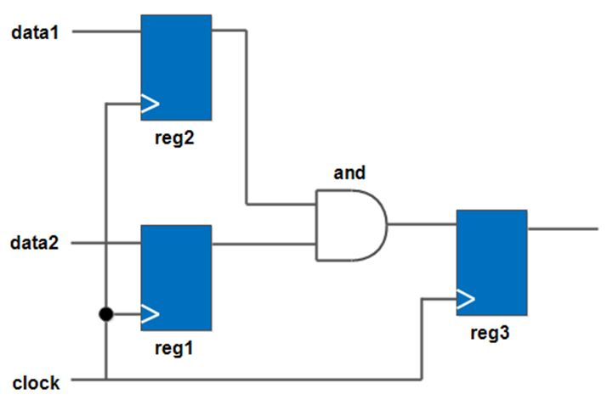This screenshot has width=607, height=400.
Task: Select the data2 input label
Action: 35,244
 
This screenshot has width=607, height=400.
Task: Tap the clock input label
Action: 37,382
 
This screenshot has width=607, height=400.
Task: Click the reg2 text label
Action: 175,138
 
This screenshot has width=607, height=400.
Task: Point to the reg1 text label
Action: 175,347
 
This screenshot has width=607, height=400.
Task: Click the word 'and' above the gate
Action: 349,173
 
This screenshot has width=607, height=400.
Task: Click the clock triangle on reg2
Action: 150,104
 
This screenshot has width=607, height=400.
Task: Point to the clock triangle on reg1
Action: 150,314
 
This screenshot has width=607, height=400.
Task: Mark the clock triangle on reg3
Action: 465,299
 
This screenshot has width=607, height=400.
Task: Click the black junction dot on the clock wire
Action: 105,315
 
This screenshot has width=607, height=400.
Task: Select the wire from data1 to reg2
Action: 106,32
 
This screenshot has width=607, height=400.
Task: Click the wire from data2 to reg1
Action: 106,244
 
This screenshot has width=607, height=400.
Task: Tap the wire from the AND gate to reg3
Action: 422,225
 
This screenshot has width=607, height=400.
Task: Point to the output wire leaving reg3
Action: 563,229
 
